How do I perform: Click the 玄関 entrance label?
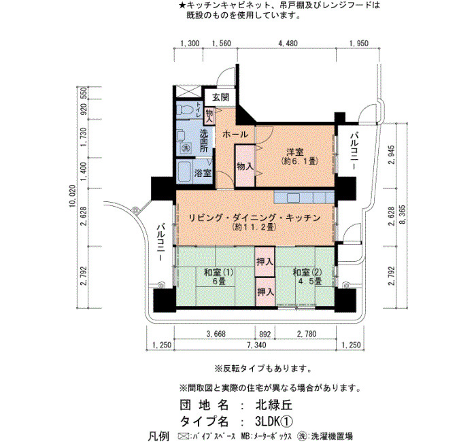coord(221,97)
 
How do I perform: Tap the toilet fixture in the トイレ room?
coord(184,110)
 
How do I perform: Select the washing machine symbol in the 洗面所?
coord(185,148)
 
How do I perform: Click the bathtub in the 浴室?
coord(184,171)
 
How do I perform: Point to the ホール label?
coord(235,135)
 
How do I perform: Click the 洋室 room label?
coord(295,152)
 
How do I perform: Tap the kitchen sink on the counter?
coord(294,198)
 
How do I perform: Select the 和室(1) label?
coord(218,272)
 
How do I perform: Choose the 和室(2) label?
coord(307,272)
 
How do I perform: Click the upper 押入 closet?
coord(265,261)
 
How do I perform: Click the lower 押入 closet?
coord(265,292)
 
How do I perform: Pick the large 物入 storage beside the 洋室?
coord(245,166)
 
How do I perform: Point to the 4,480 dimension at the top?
coord(288,44)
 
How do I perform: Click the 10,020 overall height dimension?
coord(73,196)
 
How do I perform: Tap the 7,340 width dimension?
coord(256,345)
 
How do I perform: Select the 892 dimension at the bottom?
coord(265,334)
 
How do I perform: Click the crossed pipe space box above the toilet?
coord(188,92)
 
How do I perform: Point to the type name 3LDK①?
coord(274,421)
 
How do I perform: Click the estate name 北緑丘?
coord(274,405)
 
